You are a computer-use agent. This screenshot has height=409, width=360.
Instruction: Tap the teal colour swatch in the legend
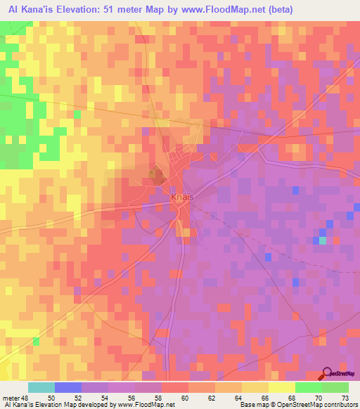tap(41, 387)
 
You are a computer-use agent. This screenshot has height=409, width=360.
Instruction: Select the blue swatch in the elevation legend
tap(68, 387)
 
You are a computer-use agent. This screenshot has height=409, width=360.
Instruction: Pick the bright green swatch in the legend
tap(309, 387)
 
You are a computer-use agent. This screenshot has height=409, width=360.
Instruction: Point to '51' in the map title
tap(117, 10)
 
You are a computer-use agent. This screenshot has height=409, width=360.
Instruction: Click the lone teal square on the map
tap(323, 240)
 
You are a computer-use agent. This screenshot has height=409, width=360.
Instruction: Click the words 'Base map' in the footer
tap(252, 405)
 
